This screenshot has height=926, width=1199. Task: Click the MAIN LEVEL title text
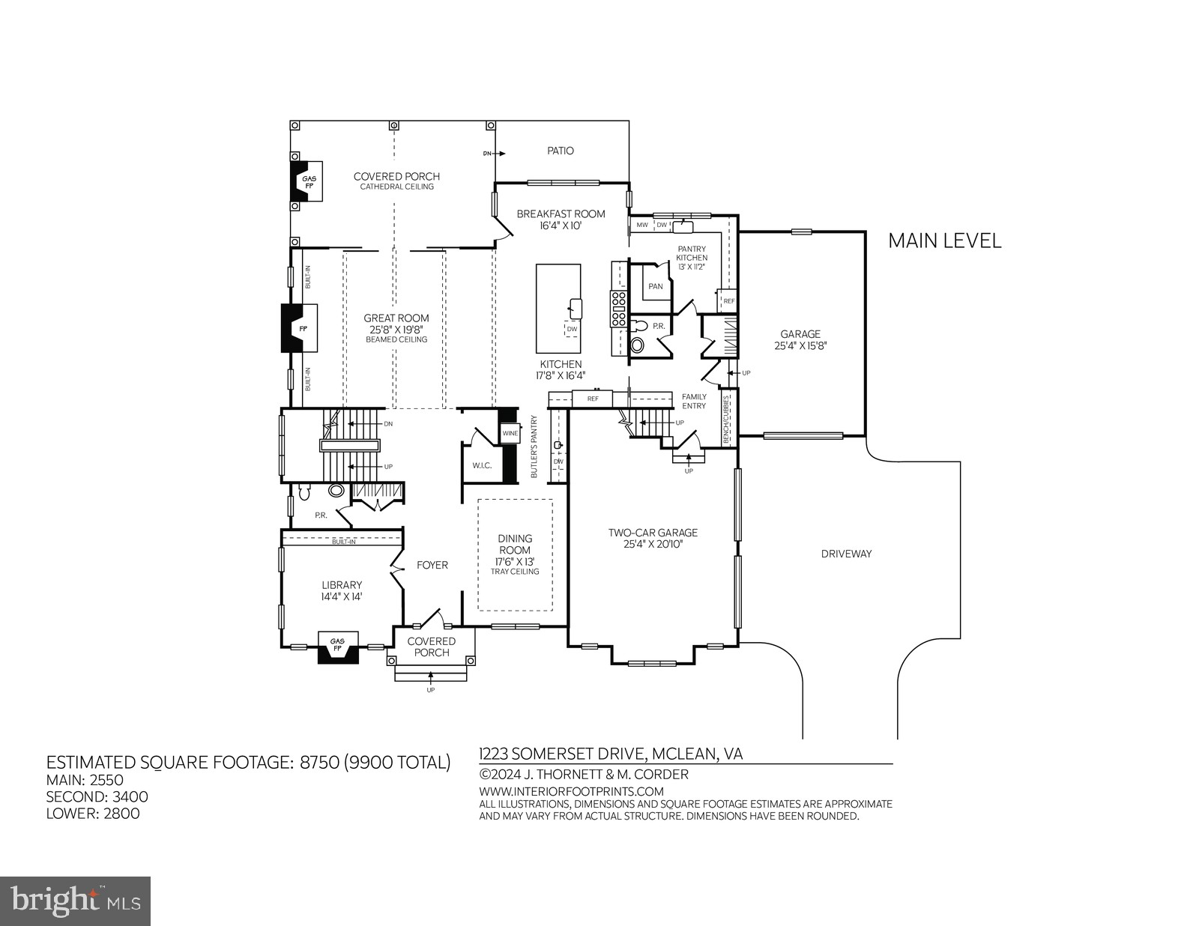click(x=944, y=241)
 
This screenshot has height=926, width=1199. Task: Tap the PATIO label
click(x=560, y=151)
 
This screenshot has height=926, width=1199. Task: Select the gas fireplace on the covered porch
click(x=308, y=182)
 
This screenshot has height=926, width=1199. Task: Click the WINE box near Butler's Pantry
click(x=510, y=434)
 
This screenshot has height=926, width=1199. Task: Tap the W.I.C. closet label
click(x=481, y=466)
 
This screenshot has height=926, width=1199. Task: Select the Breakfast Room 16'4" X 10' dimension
click(x=561, y=225)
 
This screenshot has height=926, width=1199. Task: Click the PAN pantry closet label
click(x=655, y=286)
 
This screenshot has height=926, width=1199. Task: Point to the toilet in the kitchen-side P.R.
click(x=638, y=345)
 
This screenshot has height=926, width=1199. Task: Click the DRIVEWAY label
click(x=846, y=554)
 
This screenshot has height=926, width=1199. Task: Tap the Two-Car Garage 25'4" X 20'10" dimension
click(x=653, y=544)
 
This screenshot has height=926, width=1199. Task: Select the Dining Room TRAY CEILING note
click(x=515, y=572)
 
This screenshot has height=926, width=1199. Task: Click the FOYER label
click(x=432, y=565)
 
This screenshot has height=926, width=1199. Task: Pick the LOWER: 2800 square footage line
click(x=93, y=814)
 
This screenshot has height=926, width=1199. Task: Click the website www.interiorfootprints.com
click(x=571, y=791)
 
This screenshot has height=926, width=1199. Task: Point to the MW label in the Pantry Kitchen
click(x=642, y=225)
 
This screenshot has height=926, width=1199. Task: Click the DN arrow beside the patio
click(x=494, y=154)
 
